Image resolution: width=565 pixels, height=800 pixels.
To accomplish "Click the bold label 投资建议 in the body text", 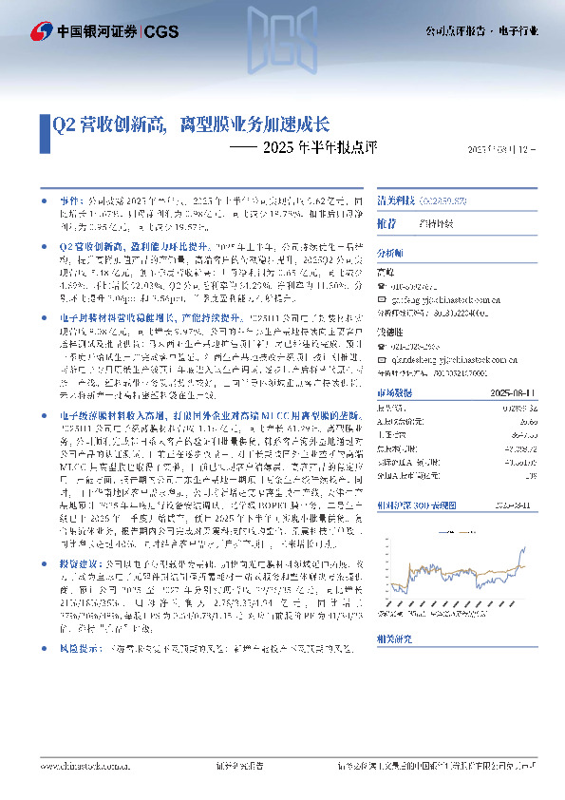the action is pyautogui.click(x=78, y=535).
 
